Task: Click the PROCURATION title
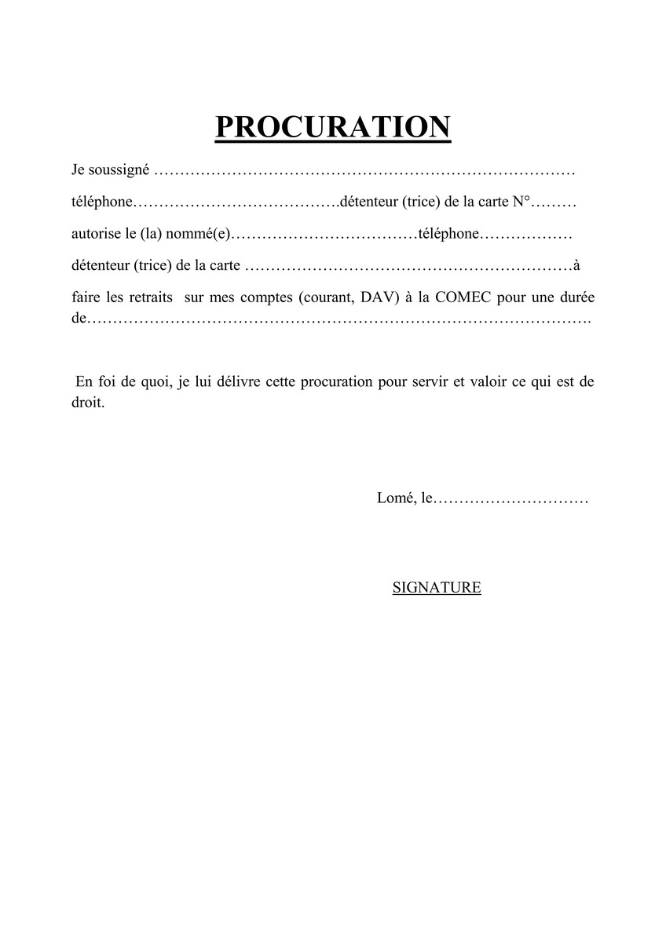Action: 333,127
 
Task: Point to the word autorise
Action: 92,234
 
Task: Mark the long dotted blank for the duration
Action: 338,320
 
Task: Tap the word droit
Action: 87,405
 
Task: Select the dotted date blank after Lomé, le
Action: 510,498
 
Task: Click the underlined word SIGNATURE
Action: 437,587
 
